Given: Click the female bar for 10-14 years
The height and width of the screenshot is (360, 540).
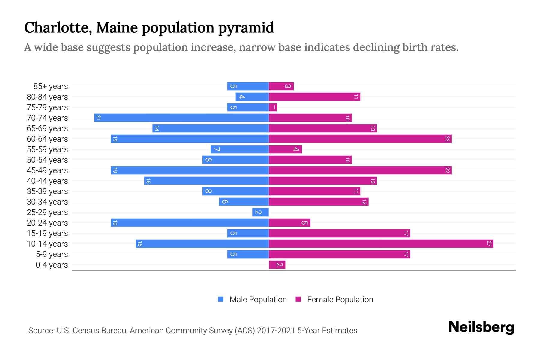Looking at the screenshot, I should tap(381, 244).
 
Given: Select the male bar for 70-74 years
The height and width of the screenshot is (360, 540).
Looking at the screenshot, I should tap(181, 118).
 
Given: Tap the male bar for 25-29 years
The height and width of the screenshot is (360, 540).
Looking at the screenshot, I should tap(260, 212).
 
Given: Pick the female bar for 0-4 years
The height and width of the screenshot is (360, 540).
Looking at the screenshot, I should tap(277, 265).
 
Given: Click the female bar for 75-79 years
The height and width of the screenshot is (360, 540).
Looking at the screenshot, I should tap(273, 107).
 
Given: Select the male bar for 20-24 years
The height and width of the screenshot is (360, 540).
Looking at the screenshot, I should tap(190, 223).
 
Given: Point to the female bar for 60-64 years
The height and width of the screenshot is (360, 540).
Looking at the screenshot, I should tap(360, 139).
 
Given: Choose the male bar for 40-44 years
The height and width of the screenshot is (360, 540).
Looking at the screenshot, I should tap(206, 181).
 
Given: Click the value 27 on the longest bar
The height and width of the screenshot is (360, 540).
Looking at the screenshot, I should tap(489, 244).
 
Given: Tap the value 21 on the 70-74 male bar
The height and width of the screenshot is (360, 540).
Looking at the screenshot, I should tap(98, 118).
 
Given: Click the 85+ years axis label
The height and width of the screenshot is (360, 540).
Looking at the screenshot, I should tap(51, 86).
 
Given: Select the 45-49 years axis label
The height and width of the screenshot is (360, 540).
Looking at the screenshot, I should tap(47, 170).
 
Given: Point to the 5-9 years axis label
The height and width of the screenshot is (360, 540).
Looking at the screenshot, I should tap(52, 254).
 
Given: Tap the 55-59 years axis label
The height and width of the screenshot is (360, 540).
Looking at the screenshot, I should tap(47, 149).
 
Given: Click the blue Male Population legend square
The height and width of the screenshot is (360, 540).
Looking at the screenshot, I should tap(221, 299).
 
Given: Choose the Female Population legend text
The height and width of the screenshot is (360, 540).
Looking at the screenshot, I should tap(340, 299).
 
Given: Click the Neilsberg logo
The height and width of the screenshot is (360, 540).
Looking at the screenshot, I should tap(481, 327).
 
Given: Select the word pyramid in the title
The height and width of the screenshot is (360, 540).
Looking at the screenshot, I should tap(246, 28).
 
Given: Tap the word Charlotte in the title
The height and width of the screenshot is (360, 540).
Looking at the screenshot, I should tap(58, 28).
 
